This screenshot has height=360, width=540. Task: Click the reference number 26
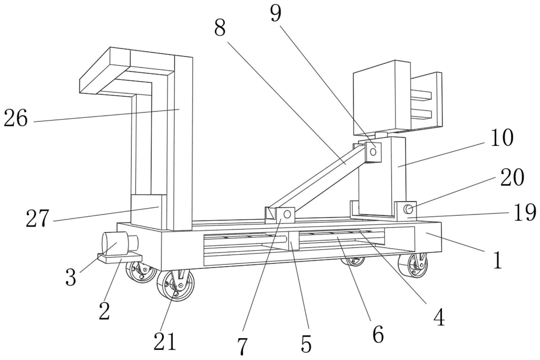click(16, 118)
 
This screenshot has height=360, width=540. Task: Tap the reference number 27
click(37, 218)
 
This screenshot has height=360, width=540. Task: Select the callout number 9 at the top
click(276, 13)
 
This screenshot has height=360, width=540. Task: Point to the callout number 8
click(220, 28)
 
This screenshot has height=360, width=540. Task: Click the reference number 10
click(502, 138)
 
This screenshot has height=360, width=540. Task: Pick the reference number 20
click(512, 177)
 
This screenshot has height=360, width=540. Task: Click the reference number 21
click(165, 341)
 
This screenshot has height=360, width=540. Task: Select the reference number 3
click(71, 277)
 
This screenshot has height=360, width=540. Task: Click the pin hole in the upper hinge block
click(373, 152)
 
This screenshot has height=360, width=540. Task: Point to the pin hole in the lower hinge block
click(287, 214)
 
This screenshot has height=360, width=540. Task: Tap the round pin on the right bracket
click(408, 209)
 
